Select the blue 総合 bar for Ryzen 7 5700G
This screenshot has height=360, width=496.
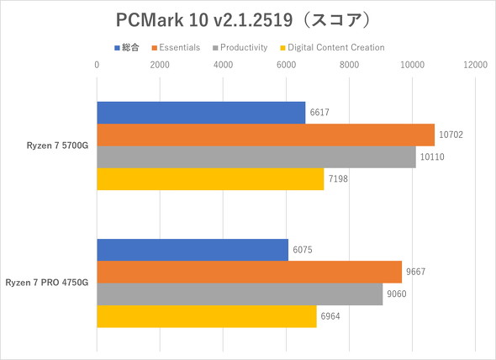(x=201, y=113)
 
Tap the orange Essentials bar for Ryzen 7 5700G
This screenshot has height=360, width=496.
(x=266, y=135)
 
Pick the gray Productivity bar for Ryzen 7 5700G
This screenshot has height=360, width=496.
(x=256, y=157)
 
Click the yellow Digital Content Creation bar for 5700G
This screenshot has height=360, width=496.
(x=210, y=179)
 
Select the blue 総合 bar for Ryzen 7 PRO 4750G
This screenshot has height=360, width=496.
(x=193, y=250)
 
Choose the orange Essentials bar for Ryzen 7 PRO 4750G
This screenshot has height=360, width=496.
(x=250, y=272)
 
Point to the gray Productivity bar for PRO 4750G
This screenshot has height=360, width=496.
(x=240, y=294)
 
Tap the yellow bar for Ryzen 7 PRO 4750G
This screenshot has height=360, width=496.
(x=207, y=317)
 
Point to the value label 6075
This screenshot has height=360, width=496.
(x=302, y=250)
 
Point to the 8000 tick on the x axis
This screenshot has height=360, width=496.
(x=349, y=64)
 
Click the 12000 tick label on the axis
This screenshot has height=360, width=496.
(x=475, y=64)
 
